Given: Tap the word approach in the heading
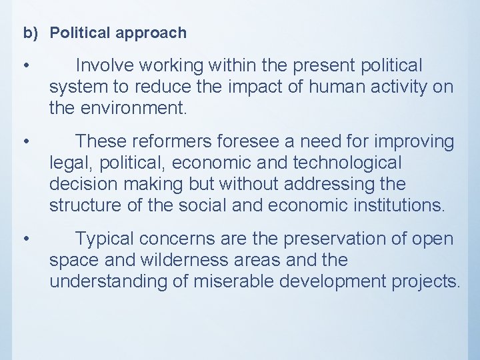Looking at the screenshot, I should [x=152, y=32].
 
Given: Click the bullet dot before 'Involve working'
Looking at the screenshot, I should [x=25, y=66].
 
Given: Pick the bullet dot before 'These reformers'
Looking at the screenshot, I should [x=25, y=142].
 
